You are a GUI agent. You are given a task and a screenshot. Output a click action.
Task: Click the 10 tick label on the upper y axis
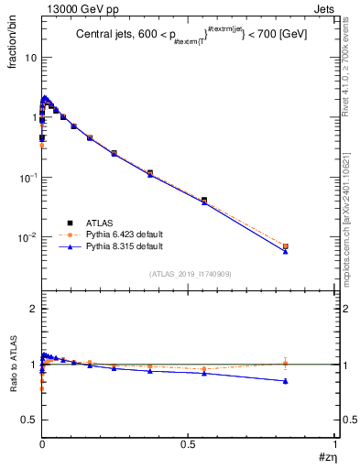click(30, 57)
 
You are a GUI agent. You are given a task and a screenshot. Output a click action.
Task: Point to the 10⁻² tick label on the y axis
click(27, 237)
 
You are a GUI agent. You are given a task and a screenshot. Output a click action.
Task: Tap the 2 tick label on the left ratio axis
click(33, 310)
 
